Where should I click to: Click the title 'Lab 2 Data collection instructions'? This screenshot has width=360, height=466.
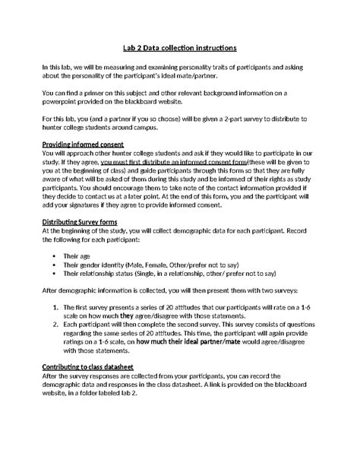(x=179, y=47)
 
